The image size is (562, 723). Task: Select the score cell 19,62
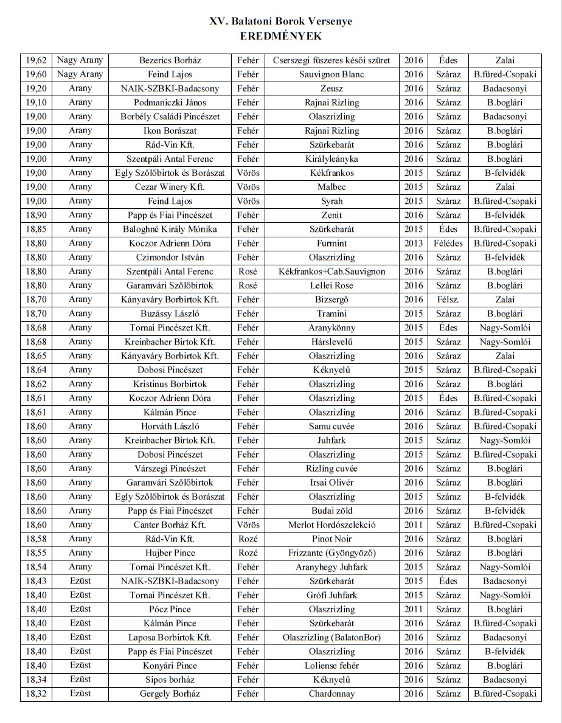[36, 60]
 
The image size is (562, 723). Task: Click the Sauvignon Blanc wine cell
[331, 74]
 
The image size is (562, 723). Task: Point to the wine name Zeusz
[331, 88]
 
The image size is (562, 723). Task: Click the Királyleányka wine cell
[331, 159]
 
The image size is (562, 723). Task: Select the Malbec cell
[331, 187]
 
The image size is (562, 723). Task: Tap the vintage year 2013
[413, 243]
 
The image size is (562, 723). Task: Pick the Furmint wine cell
[331, 243]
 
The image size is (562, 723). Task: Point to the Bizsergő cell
[331, 299]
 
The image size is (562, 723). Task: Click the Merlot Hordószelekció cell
[331, 525]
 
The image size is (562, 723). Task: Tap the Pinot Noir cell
[331, 539]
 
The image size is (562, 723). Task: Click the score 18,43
[36, 581]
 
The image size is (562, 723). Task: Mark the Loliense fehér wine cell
[331, 665]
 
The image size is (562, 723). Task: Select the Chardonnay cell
[331, 694]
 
